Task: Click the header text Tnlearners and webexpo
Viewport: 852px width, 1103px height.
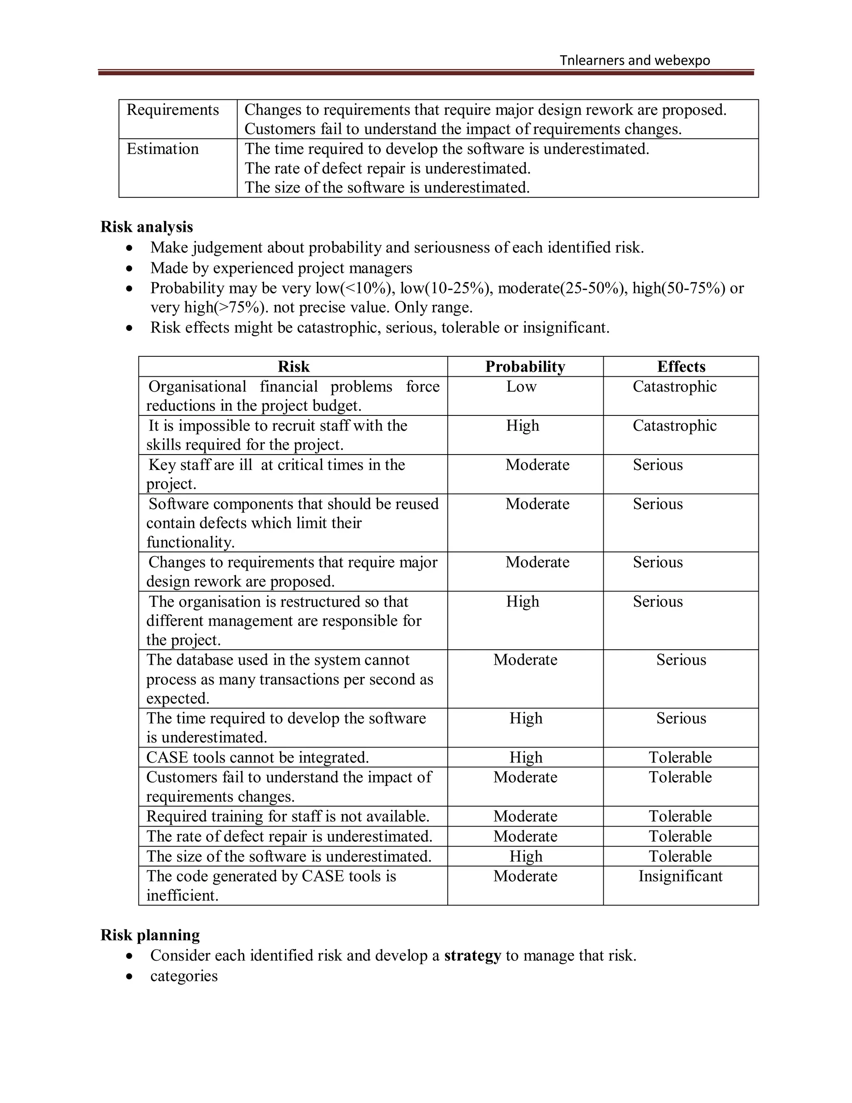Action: (x=634, y=61)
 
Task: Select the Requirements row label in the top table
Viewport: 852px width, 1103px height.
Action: (x=172, y=110)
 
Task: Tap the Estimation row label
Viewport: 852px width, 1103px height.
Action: (x=163, y=149)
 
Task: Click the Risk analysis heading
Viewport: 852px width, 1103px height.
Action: (x=146, y=227)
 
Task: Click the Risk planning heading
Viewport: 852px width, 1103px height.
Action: (x=150, y=935)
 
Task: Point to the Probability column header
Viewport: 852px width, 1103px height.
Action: (x=525, y=367)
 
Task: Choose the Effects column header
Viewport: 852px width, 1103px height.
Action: (x=681, y=367)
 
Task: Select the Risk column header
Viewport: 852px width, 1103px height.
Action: (x=293, y=367)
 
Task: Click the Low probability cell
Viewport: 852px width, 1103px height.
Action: (x=521, y=387)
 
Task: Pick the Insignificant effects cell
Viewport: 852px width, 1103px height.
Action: (x=680, y=876)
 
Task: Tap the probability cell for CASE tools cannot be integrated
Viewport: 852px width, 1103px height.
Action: (x=525, y=758)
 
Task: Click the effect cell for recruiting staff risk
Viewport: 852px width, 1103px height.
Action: (x=674, y=426)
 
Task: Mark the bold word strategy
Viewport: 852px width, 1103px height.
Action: (x=473, y=956)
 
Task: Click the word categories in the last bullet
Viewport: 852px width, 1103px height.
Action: (x=184, y=976)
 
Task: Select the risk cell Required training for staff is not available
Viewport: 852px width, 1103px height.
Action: (x=288, y=817)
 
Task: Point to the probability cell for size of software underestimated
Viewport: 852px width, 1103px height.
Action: (x=525, y=857)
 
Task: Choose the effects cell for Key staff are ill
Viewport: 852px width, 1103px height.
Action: (x=658, y=465)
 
